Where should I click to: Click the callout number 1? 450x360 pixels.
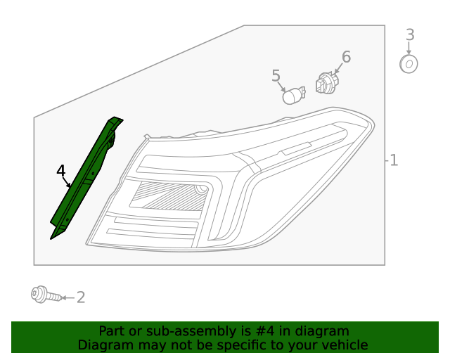(394, 160)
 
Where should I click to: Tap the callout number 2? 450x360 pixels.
(81, 297)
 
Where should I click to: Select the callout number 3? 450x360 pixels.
(410, 34)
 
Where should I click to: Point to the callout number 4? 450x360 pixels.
(61, 171)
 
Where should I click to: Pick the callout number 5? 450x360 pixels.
(276, 75)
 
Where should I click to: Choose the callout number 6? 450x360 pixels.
(346, 57)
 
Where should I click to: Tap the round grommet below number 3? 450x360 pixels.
(409, 65)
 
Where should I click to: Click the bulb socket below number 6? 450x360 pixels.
(326, 84)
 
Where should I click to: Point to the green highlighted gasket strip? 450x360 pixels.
(86, 179)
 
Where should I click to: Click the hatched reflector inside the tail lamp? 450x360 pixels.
(169, 195)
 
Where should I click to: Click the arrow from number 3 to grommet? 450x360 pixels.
(409, 49)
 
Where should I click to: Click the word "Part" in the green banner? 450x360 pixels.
(112, 331)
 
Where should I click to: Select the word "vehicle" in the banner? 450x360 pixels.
(345, 345)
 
